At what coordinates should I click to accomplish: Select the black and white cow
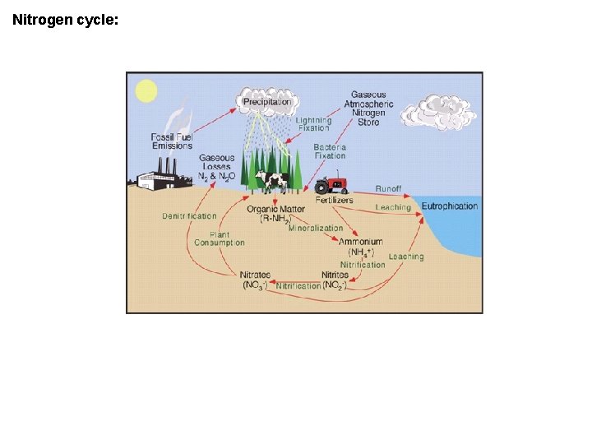coord(271,180)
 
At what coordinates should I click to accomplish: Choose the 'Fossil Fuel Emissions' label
coord(172,141)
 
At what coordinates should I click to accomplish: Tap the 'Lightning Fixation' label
coord(313,125)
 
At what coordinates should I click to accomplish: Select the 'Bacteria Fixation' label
coord(330,151)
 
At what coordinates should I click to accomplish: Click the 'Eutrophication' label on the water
coord(450,206)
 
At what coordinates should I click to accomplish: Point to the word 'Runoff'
coord(389,189)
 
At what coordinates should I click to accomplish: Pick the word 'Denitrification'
coord(189,216)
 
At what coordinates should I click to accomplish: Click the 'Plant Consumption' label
coord(220,238)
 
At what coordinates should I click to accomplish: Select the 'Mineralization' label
coord(316,229)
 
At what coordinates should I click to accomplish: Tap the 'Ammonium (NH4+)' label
coord(361,247)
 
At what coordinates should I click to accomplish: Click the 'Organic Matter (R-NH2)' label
coord(275,214)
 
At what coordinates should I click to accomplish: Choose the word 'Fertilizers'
coord(335,200)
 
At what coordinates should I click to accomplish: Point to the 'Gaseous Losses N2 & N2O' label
coord(216,167)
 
